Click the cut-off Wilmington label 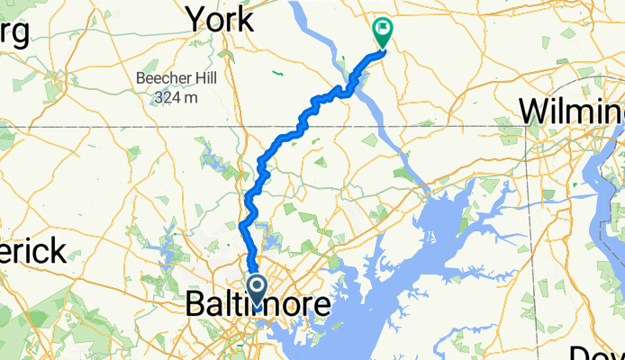572,112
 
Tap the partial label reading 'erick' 33,249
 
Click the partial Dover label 598,351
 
